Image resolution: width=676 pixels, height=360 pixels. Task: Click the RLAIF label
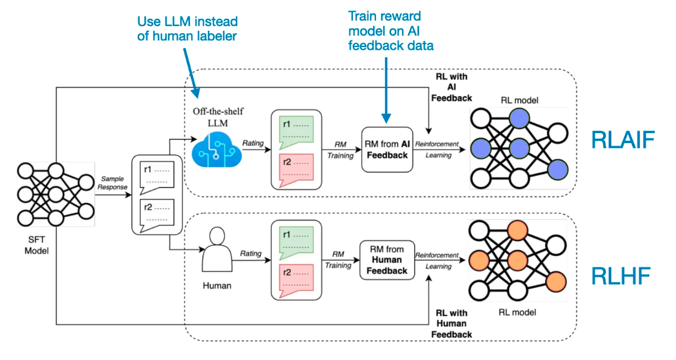[622, 140]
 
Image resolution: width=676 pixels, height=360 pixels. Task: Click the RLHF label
[621, 276]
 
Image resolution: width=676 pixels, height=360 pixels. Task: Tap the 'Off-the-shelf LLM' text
[217, 116]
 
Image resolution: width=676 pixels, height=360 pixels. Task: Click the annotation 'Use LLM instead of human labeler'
[187, 29]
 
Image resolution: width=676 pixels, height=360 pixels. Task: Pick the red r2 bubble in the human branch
[295, 280]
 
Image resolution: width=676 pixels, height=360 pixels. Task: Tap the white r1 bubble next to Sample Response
[156, 175]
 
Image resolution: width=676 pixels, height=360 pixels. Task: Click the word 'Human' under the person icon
[217, 286]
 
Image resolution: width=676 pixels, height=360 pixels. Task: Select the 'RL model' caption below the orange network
[516, 312]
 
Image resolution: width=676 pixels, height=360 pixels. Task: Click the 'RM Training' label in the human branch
[338, 260]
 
